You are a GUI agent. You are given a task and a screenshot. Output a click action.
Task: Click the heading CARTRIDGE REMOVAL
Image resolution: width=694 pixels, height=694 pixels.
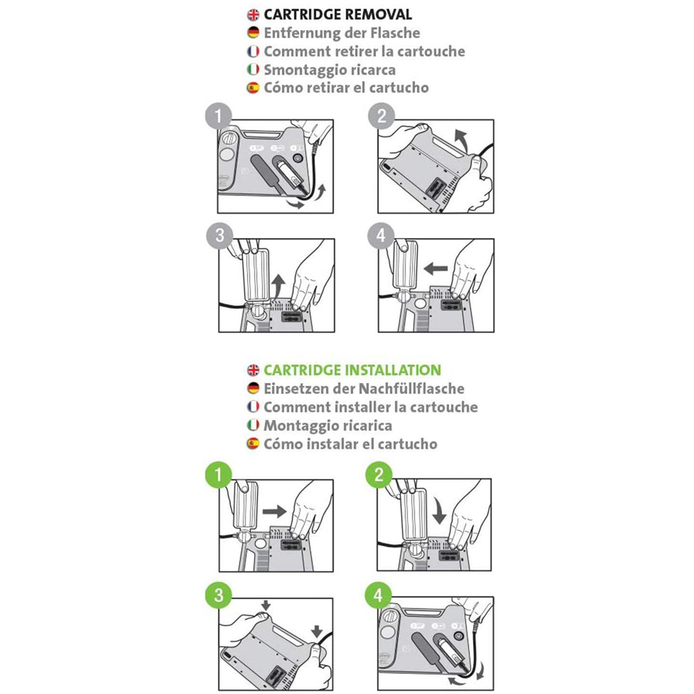pos(338,15)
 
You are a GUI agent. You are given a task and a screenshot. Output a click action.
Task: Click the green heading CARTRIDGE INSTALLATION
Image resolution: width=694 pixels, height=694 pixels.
pos(353,370)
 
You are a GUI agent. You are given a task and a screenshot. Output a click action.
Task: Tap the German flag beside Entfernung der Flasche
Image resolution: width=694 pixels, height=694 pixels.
pos(253,33)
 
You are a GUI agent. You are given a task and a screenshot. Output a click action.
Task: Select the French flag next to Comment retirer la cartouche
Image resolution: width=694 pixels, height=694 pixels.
pos(253,51)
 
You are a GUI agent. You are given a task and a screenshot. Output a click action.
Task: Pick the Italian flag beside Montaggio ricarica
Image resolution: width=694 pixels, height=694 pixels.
pos(253,425)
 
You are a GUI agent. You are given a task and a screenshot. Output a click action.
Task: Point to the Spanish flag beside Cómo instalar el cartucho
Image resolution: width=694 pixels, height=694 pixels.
pos(253,443)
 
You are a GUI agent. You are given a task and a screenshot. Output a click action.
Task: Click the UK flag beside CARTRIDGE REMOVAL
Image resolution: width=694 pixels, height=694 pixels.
pos(253,15)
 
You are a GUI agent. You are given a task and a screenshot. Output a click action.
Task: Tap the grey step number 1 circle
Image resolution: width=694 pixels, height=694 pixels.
pos(219,116)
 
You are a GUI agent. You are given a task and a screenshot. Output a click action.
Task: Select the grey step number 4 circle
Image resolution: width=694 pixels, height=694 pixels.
pos(381,236)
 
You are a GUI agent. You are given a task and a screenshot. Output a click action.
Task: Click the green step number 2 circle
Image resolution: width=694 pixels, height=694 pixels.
pos(379,475)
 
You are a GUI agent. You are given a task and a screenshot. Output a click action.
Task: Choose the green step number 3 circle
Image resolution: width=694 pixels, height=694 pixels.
pos(219,595)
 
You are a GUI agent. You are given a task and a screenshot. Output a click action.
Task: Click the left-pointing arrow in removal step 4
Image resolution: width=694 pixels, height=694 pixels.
pos(436,268)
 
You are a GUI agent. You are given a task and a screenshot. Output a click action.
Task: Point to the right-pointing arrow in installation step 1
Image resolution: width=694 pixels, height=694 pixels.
pos(275,511)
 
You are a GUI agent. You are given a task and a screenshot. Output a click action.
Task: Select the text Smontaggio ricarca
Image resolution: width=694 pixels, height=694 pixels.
pos(330,70)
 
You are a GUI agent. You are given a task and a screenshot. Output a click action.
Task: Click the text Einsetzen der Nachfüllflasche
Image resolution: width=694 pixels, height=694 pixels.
pos(364,389)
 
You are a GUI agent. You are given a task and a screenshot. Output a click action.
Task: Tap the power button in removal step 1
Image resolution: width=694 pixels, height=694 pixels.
pos(298,159)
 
